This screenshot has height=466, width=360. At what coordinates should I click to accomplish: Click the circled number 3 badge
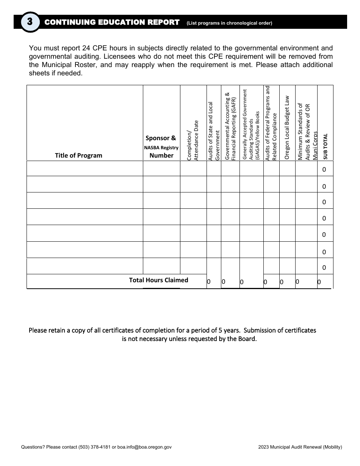[x=30, y=22]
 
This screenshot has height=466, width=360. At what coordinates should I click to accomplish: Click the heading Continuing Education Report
[x=112, y=22]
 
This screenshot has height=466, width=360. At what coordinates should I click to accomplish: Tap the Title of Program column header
[x=78, y=155]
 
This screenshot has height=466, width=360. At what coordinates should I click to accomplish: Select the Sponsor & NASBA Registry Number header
[x=161, y=147]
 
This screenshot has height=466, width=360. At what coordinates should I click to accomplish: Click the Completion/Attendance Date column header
[x=193, y=140]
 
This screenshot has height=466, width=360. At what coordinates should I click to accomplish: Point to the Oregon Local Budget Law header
[x=287, y=127]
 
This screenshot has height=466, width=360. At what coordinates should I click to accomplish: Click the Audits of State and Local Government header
[x=214, y=131]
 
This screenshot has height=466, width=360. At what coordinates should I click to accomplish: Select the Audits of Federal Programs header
[x=271, y=123]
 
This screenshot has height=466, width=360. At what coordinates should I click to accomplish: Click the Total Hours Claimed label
[x=158, y=280]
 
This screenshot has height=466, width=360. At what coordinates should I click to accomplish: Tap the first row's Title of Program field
[x=85, y=169]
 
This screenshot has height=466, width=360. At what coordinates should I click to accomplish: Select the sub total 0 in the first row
[x=324, y=170]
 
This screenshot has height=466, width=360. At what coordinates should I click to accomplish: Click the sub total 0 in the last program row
[x=324, y=267]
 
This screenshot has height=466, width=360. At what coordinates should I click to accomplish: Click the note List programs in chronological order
[x=229, y=23]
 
